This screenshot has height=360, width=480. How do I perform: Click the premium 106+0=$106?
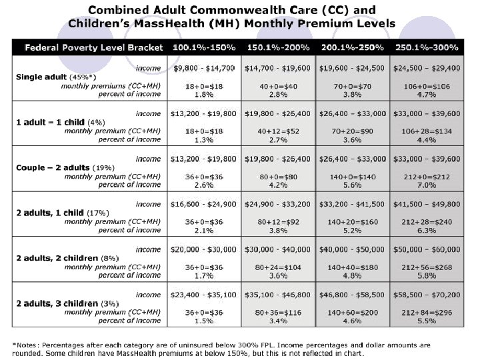point(427,87)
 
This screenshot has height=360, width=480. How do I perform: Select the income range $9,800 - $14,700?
point(203,68)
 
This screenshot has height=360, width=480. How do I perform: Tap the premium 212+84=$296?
point(427,312)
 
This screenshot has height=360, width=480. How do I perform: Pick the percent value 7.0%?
point(427,185)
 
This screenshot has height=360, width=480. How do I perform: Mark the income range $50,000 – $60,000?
point(427,249)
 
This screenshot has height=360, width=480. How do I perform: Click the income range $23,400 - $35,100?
point(203,294)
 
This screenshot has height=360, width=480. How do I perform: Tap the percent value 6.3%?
point(427,230)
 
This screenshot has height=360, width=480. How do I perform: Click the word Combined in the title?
point(118,11)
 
